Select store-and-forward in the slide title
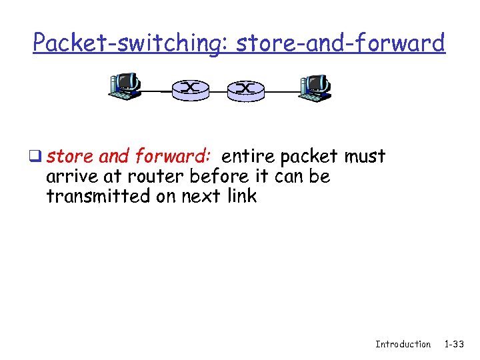pyautogui.click(x=340, y=43)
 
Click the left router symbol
pyautogui.click(x=191, y=89)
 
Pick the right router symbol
pyautogui.click(x=246, y=89)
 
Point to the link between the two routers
pyautogui.click(x=219, y=89)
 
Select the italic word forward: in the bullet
pyautogui.click(x=173, y=157)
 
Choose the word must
pyautogui.click(x=365, y=157)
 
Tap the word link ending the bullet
pyautogui.click(x=241, y=197)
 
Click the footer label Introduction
pyautogui.click(x=403, y=344)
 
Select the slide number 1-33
pyautogui.click(x=454, y=344)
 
